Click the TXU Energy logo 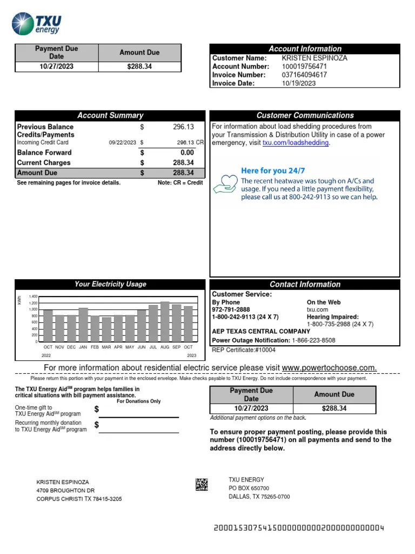click(x=37, y=24)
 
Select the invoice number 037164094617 click(x=304, y=75)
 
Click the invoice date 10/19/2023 click(x=299, y=83)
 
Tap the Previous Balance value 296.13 click(x=183, y=127)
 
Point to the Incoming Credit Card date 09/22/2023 click(x=123, y=143)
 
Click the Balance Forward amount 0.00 click(x=187, y=153)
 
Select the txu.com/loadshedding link click(x=295, y=143)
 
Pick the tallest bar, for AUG click(x=165, y=322)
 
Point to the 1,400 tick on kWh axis click(x=34, y=296)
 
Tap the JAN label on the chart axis click(x=83, y=347)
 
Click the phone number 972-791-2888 click(x=231, y=309)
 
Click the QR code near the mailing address click(x=202, y=485)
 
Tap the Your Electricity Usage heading click(x=110, y=284)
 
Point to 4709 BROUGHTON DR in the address click(x=65, y=490)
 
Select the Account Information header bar click(x=305, y=49)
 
